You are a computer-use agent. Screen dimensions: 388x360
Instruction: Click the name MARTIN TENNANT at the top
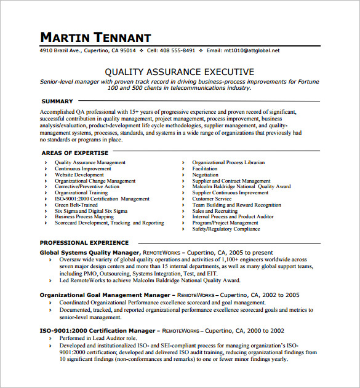(x=95, y=37)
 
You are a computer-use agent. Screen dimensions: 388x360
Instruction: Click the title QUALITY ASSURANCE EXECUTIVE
(x=179, y=72)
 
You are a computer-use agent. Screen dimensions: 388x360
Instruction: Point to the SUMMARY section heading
(x=57, y=101)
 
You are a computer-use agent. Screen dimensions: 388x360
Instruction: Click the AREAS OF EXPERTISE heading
(x=74, y=152)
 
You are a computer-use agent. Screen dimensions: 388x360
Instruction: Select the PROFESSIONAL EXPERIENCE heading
(x=84, y=243)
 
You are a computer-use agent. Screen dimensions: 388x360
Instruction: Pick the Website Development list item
(x=79, y=175)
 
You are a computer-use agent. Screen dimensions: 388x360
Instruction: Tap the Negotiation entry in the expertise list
(x=206, y=175)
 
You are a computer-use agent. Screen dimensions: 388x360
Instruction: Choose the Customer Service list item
(x=212, y=199)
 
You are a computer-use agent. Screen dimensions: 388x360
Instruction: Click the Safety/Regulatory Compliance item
(x=226, y=229)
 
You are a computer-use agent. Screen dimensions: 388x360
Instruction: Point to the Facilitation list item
(x=205, y=168)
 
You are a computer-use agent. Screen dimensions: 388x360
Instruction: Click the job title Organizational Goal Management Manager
(x=105, y=295)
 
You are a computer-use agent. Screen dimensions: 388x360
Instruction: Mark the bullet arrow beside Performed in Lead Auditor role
(x=50, y=339)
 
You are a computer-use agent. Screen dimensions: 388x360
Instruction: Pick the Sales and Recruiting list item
(x=215, y=211)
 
